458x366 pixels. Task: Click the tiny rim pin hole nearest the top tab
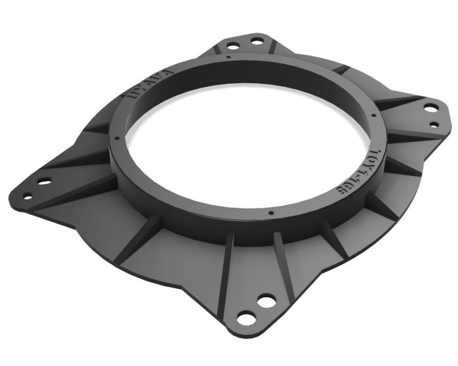point(227,57)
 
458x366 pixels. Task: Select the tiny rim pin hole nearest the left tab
point(116,139)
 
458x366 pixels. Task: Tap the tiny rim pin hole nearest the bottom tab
point(270,212)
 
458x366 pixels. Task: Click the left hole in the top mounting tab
point(232,46)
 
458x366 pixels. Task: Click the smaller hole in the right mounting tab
point(433,124)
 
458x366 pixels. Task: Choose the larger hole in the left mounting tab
point(44,180)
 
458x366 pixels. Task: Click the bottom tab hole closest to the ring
point(266,301)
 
